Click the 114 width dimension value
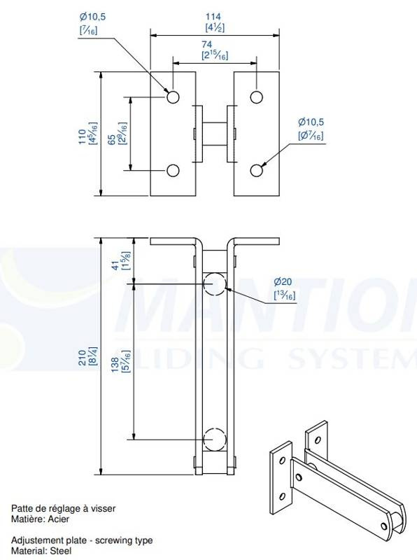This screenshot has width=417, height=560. (x=213, y=16)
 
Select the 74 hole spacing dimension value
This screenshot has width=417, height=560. (x=206, y=44)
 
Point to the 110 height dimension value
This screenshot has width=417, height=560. (x=83, y=136)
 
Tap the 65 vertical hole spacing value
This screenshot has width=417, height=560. (x=111, y=139)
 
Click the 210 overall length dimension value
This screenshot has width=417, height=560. (x=82, y=358)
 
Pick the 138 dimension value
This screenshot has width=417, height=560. (x=115, y=365)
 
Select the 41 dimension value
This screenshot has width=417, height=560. (x=115, y=266)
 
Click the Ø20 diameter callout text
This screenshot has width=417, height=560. (x=283, y=282)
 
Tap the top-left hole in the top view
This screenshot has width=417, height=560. (x=173, y=97)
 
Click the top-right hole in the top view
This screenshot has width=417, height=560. (x=256, y=97)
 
